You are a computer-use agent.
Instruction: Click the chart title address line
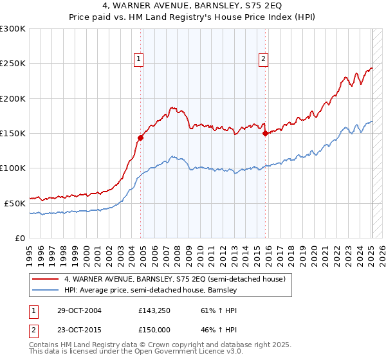point(192,7)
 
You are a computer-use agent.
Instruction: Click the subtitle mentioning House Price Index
point(192,18)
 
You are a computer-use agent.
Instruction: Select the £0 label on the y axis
point(21,238)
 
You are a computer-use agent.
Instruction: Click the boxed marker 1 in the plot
point(139,59)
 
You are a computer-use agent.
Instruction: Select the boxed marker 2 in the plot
point(264,59)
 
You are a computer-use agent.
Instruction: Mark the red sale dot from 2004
point(140,137)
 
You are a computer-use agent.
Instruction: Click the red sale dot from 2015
point(265,134)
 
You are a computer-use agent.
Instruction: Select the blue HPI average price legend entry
point(151,291)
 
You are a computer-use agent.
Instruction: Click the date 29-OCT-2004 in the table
point(78,310)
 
